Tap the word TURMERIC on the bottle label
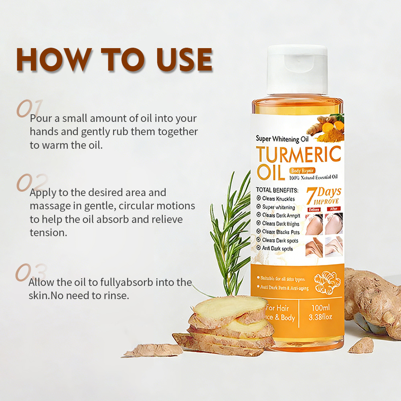point(299,155)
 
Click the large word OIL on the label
point(270,172)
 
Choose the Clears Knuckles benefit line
point(278,198)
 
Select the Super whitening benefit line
point(278,207)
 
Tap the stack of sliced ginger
point(229,325)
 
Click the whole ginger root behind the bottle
point(371,297)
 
